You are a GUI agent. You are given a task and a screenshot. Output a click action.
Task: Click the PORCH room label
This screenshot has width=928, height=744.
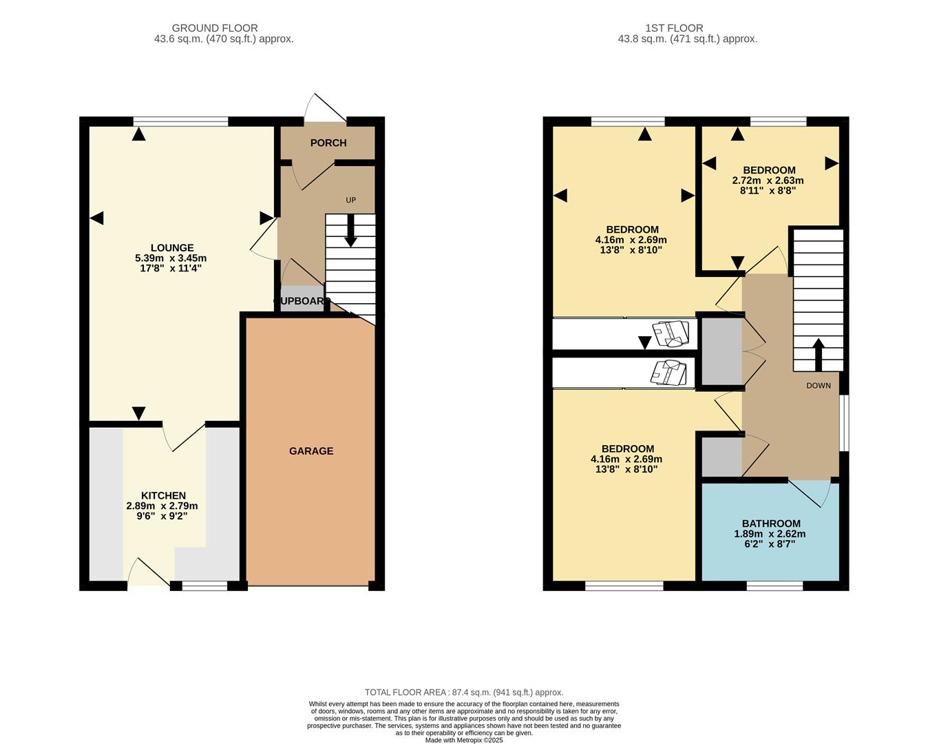tap(328, 143)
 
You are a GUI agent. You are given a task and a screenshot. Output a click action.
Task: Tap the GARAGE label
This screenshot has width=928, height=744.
tap(311, 451)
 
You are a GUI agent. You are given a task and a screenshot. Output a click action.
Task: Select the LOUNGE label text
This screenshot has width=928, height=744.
tap(172, 248)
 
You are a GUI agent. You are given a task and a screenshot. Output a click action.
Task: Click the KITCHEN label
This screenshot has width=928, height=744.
tap(163, 496)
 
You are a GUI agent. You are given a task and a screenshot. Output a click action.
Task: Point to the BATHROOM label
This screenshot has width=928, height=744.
tap(771, 524)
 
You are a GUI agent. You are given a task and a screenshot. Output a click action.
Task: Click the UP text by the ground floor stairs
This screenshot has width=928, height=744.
tap(350, 200)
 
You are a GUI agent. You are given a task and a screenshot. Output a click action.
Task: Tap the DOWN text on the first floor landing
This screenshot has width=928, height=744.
tap(819, 386)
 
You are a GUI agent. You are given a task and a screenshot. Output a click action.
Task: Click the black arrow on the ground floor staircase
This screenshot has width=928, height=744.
tap(350, 231)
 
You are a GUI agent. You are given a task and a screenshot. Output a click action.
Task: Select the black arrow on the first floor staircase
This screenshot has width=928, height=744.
tap(819, 353)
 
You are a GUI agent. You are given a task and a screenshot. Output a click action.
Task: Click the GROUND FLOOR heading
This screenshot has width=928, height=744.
tap(215, 28)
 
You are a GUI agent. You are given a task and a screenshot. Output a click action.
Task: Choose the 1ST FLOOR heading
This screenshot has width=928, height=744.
tap(674, 28)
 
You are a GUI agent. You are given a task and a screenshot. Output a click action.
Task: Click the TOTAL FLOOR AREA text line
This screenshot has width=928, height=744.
tap(463, 692)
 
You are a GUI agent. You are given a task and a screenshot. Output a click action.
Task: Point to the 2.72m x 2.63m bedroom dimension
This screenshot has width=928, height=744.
tap(768, 180)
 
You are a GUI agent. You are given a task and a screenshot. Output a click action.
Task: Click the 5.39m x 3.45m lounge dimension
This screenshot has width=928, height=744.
tap(171, 258)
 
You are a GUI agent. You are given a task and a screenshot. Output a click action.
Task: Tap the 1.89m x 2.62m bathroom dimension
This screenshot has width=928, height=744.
tap(770, 534)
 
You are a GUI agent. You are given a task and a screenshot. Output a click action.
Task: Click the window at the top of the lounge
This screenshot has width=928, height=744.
tap(180, 122)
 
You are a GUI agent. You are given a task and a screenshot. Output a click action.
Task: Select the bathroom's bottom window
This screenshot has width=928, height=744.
tap(774, 586)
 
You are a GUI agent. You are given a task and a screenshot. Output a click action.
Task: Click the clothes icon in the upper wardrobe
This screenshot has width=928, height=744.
tap(671, 333)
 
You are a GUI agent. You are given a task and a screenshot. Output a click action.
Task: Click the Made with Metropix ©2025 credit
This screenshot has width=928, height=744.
tap(464, 740)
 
